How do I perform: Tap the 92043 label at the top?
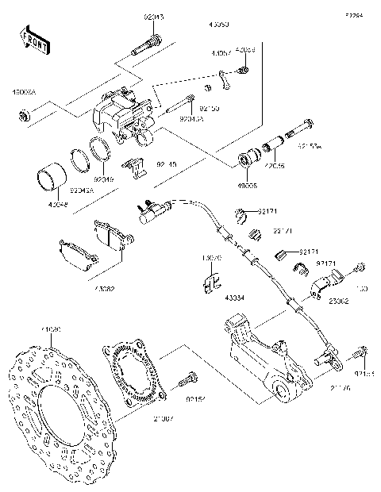pos(156,15)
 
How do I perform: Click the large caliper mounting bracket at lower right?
pos(262,357)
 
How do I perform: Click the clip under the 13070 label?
pos(210,283)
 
